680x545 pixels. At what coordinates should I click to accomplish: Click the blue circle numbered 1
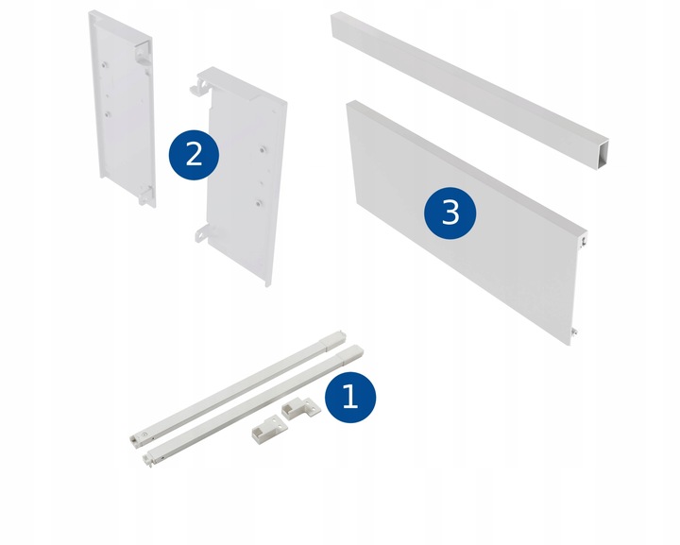point(350,397)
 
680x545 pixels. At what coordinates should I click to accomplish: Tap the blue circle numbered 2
point(194,155)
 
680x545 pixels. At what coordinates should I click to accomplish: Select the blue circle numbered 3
point(450,213)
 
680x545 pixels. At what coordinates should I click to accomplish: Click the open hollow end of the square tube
point(602,154)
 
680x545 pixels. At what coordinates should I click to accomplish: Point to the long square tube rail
point(470,90)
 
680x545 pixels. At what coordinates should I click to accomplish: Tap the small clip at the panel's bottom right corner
point(575,332)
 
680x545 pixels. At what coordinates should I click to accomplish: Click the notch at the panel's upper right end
point(585,240)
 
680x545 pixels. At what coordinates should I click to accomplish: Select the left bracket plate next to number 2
point(122,109)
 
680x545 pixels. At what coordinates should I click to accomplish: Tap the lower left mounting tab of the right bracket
point(201,233)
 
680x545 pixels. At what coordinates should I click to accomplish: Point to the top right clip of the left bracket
point(143,53)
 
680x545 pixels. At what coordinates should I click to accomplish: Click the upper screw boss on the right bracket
point(263,149)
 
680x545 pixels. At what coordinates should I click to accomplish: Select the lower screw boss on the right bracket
point(259,202)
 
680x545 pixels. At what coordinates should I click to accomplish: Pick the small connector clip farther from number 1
point(269,427)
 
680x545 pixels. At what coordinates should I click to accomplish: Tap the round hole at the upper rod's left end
point(144,434)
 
